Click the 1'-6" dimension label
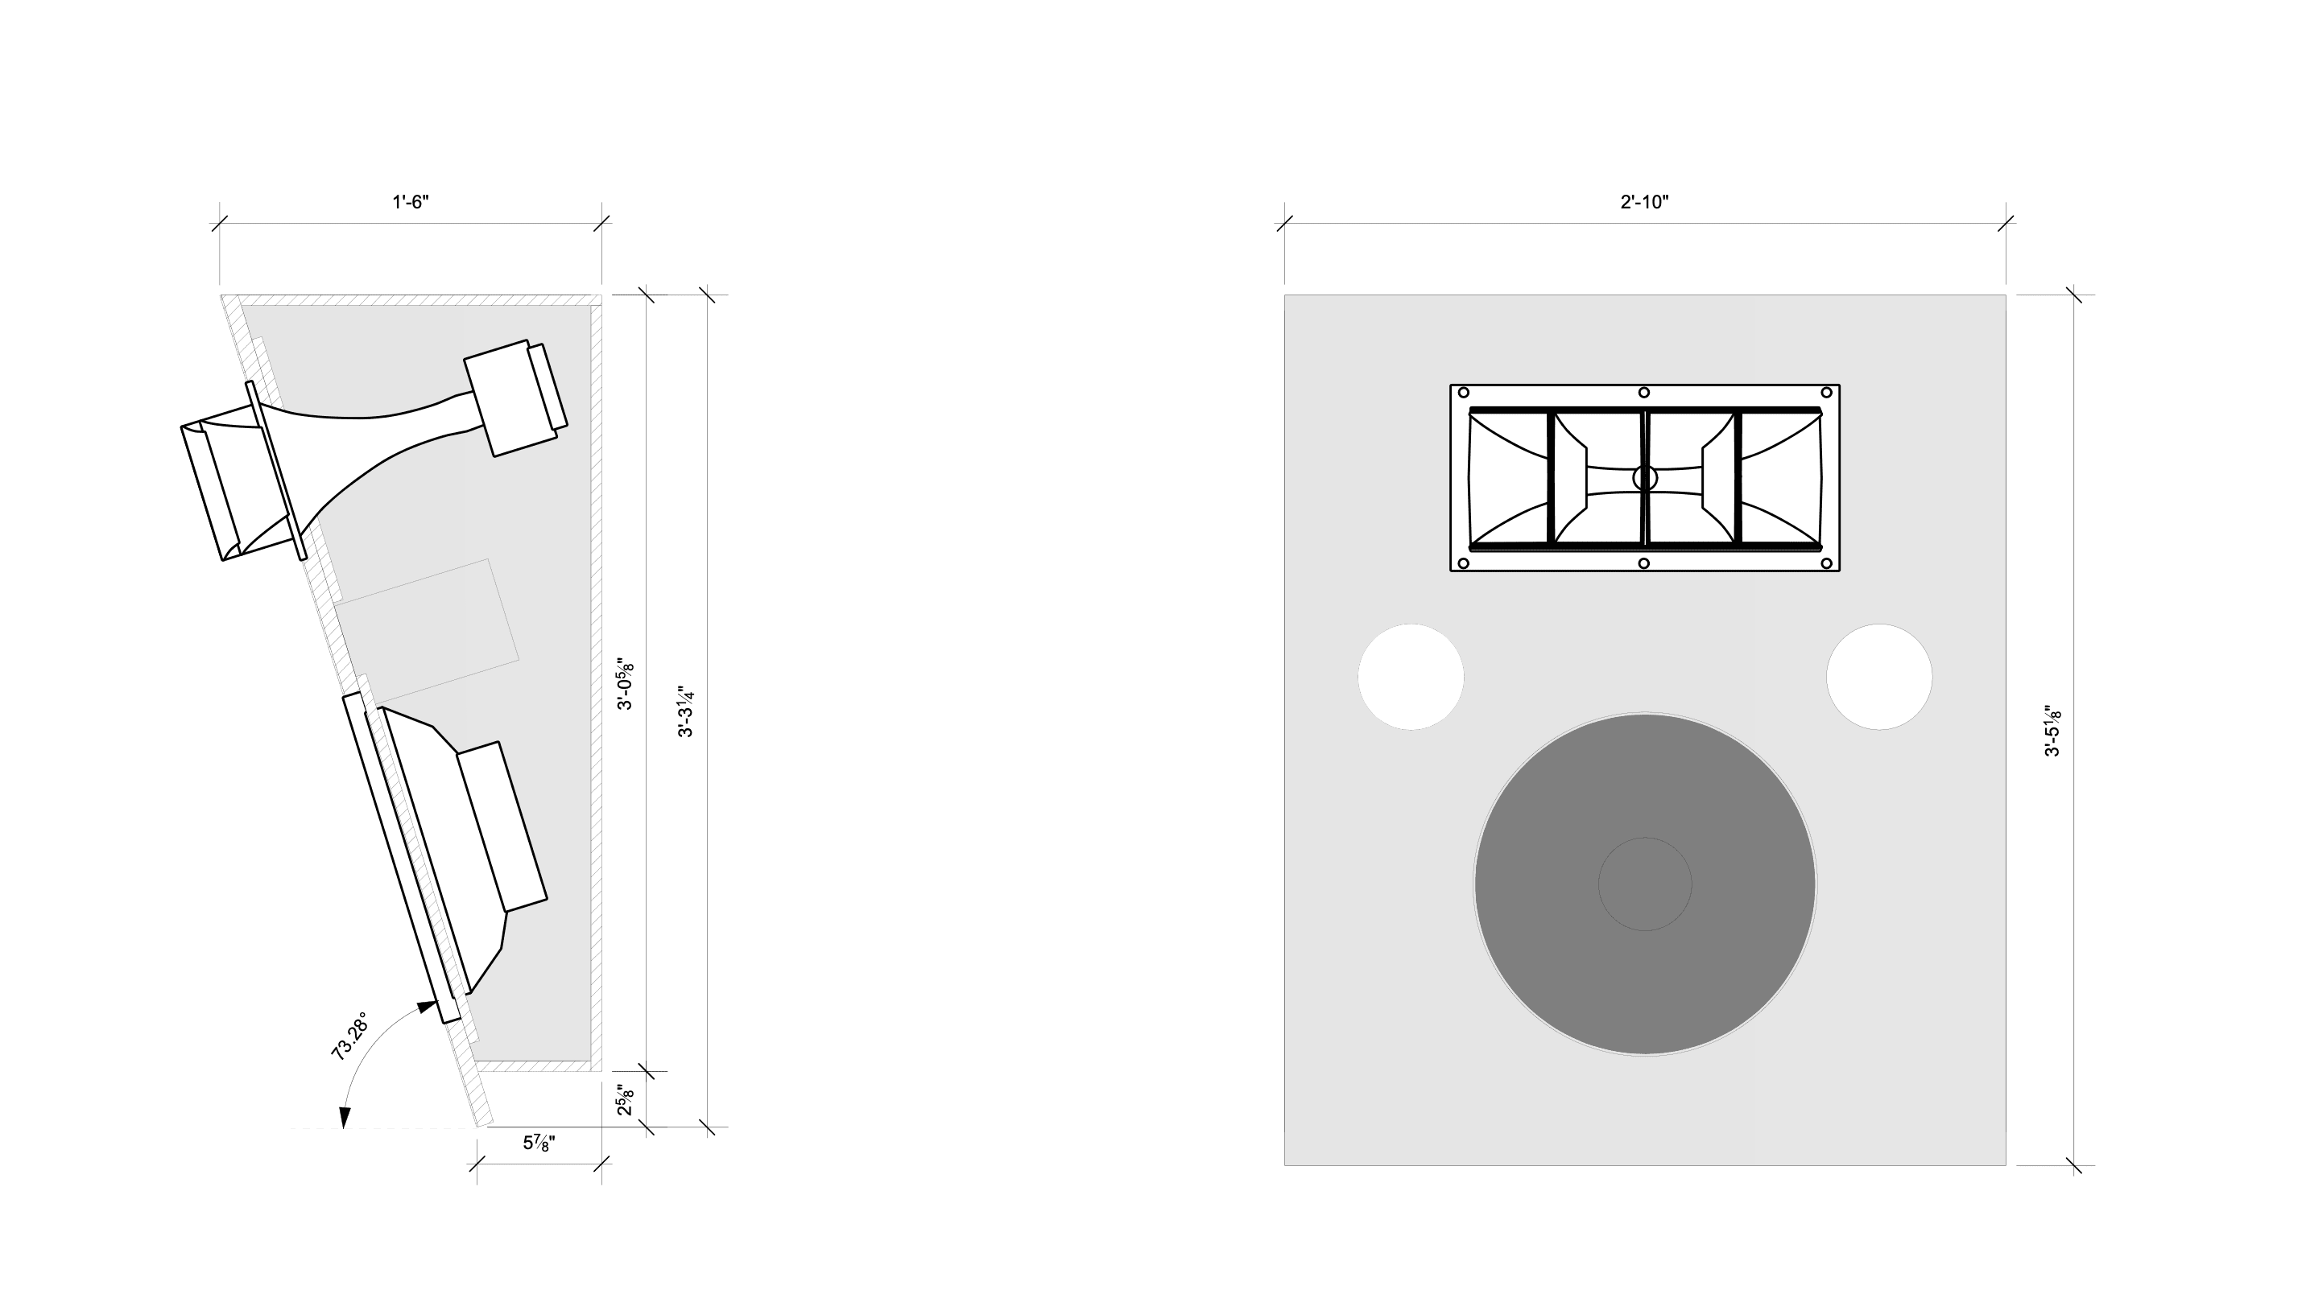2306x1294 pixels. [411, 201]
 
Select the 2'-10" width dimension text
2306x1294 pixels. [1644, 201]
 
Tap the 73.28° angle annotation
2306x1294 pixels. [349, 1037]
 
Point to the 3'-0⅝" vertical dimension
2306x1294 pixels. [625, 685]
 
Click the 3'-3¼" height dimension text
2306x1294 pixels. [686, 711]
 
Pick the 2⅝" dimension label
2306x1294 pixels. [625, 1100]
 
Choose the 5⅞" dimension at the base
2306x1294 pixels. [539, 1143]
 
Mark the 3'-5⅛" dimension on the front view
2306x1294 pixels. [2052, 730]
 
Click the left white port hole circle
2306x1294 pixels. [1411, 677]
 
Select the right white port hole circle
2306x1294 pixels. [1879, 677]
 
